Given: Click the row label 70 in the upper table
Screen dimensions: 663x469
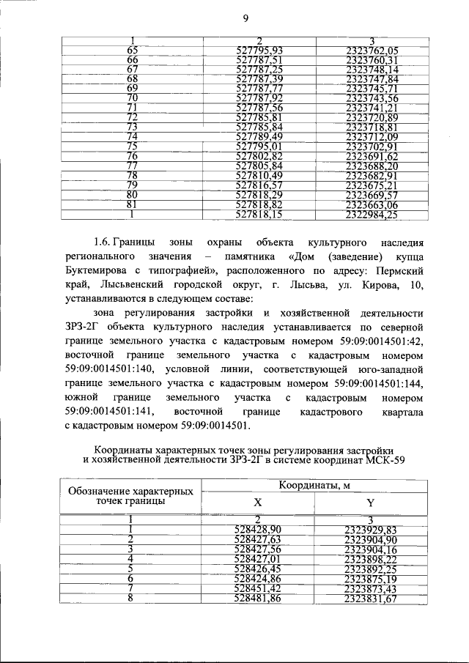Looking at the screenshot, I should [x=133, y=98].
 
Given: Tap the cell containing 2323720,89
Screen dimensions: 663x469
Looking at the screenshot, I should [x=372, y=117].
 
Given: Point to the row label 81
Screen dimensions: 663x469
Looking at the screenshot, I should [x=133, y=204].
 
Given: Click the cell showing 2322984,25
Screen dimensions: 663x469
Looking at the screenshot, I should [x=372, y=215].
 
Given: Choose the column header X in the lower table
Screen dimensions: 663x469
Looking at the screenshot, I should [x=257, y=503].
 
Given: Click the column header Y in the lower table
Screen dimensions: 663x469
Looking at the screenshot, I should [x=369, y=503].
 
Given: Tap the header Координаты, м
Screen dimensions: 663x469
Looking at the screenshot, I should [x=313, y=485].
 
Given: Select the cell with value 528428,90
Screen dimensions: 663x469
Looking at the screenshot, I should [x=258, y=529].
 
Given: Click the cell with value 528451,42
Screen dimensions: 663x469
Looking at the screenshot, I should [x=258, y=588].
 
